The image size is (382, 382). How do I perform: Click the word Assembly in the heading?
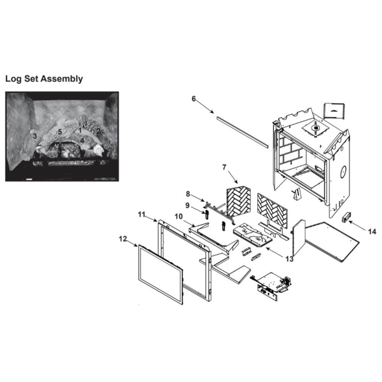click(62, 79)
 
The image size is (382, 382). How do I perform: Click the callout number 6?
click(194, 99)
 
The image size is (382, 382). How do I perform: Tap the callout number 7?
click(224, 167)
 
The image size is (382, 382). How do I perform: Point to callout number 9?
click(187, 206)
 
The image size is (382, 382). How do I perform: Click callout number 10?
click(178, 216)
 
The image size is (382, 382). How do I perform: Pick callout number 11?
click(142, 215)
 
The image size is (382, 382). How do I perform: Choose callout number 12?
click(123, 239)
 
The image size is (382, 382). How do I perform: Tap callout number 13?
click(290, 259)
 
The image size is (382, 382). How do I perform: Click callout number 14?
click(372, 231)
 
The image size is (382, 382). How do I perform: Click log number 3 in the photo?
click(35, 136)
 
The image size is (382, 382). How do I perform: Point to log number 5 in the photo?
click(60, 132)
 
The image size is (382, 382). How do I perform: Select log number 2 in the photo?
click(99, 131)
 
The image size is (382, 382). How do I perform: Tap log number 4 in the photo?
click(82, 141)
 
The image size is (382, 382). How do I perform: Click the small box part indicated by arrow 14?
click(346, 217)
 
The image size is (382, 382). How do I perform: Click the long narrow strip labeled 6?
click(242, 132)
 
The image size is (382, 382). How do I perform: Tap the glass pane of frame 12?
click(160, 275)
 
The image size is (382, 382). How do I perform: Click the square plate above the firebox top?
click(334, 111)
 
